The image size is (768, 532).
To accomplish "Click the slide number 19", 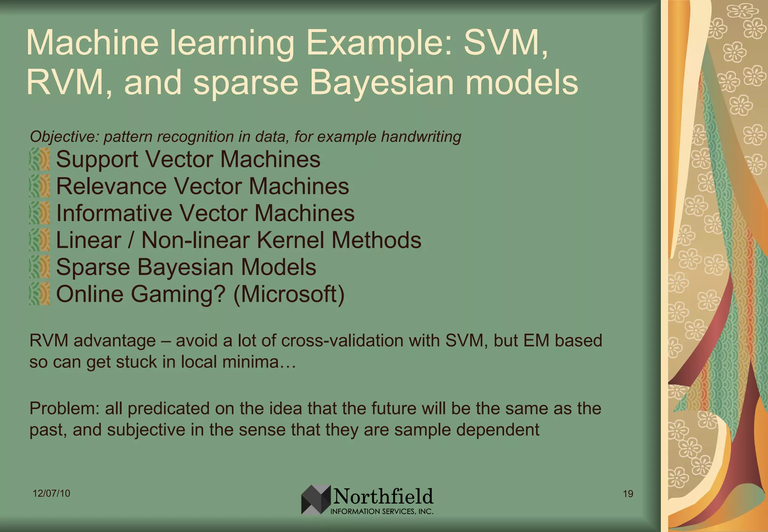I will (628, 494).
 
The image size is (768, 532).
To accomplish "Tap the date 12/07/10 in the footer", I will (51, 493).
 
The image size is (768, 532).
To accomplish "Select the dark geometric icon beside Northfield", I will (316, 499).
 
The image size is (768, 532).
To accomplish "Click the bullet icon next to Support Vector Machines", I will (40, 159).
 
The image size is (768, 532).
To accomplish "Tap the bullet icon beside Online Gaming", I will (40, 294).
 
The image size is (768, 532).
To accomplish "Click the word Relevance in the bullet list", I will (111, 186).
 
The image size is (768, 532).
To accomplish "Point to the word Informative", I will (114, 213).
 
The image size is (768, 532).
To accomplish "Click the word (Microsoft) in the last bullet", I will (288, 294).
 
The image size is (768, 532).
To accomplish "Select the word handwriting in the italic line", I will (421, 137).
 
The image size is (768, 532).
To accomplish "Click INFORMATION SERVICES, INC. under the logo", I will (382, 511).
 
